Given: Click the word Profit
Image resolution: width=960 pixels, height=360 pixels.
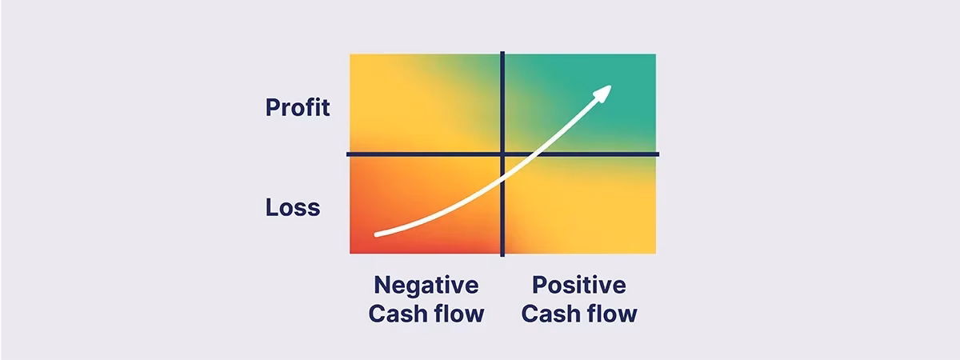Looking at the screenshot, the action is click(x=298, y=107).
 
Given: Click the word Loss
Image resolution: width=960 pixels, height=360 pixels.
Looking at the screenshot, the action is click(x=293, y=207).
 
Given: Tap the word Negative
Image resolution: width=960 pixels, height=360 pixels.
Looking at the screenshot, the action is click(x=426, y=286).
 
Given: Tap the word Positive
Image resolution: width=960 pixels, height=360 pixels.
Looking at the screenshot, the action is click(x=579, y=285).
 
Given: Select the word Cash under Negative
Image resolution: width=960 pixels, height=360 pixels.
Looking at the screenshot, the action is click(x=398, y=314).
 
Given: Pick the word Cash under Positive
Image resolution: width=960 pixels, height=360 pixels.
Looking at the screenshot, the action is click(x=550, y=314).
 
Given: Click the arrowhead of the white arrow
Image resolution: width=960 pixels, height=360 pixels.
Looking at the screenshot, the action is click(x=603, y=92).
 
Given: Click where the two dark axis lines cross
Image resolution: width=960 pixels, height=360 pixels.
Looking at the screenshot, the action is click(x=502, y=154).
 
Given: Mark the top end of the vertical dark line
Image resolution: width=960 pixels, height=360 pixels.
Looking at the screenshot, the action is click(x=502, y=52).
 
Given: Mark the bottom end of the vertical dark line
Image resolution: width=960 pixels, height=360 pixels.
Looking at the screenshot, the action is click(x=502, y=256).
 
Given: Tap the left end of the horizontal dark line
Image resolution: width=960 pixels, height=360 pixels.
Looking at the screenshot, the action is click(x=347, y=154).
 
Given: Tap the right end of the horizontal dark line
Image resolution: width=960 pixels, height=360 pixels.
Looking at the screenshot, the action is click(x=658, y=154).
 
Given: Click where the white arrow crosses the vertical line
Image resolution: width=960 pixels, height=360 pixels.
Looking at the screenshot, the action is click(x=502, y=181).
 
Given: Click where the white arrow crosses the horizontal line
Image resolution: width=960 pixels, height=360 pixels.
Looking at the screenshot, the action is click(x=538, y=154).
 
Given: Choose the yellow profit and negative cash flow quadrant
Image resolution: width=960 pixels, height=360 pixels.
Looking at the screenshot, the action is click(x=425, y=103).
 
